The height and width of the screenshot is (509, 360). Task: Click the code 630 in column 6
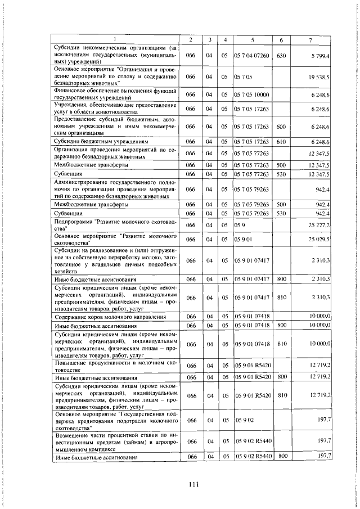pos(282,56)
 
